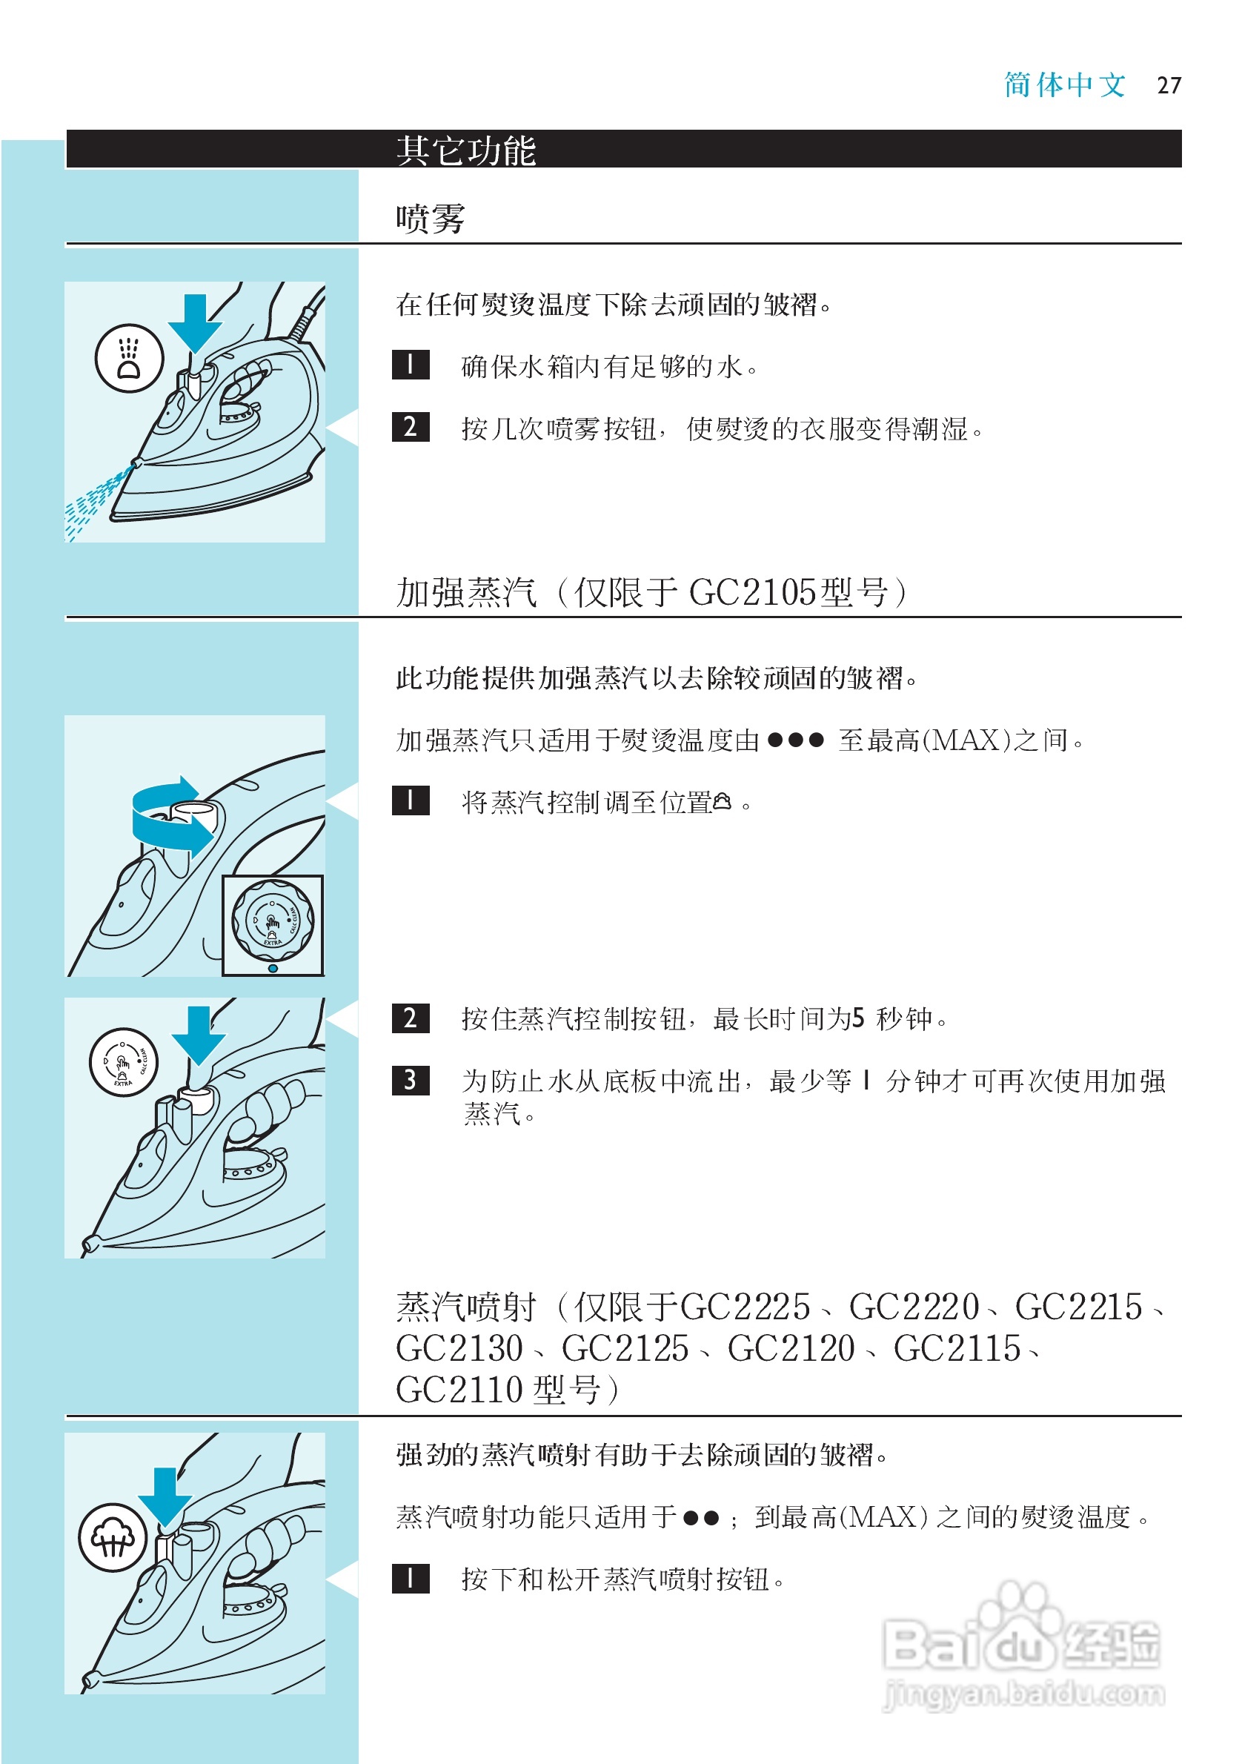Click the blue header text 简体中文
pos(1065,85)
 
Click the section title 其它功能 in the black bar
pos(465,150)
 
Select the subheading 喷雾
pos(430,219)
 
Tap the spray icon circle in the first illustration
pos(129,359)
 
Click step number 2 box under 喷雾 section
pos(410,427)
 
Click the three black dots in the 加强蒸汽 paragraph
pos(795,740)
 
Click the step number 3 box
pos(410,1080)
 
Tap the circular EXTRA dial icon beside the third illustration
pos(124,1064)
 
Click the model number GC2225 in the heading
pos(745,1307)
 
